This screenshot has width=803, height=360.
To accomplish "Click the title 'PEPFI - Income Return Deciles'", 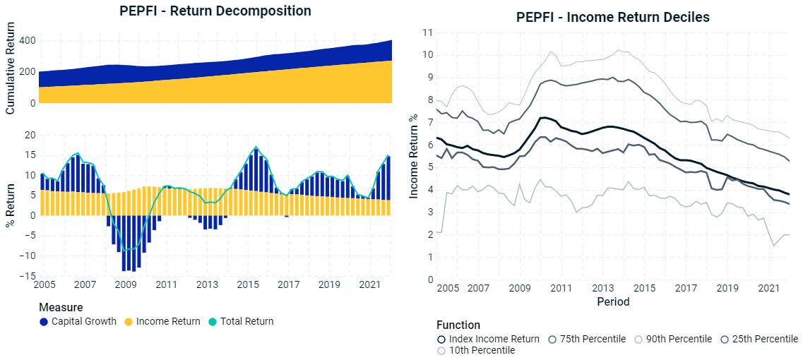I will click(613, 17).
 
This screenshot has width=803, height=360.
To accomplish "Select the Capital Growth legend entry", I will click(78, 321).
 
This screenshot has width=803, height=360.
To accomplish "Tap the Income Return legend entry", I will click(163, 321).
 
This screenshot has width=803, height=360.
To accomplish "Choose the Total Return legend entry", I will click(241, 321).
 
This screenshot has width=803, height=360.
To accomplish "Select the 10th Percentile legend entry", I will click(477, 351).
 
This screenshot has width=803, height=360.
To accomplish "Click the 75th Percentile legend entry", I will click(587, 339).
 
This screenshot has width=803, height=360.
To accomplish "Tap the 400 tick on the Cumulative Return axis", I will click(27, 41).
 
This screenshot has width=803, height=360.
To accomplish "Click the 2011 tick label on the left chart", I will click(166, 284).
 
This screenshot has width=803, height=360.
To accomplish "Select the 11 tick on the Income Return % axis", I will click(427, 32).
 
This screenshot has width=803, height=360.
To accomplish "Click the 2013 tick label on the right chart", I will click(602, 289).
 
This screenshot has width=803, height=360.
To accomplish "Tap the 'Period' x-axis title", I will click(612, 301).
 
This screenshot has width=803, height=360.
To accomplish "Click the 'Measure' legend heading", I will click(61, 308).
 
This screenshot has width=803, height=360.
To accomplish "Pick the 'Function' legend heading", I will click(458, 325).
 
